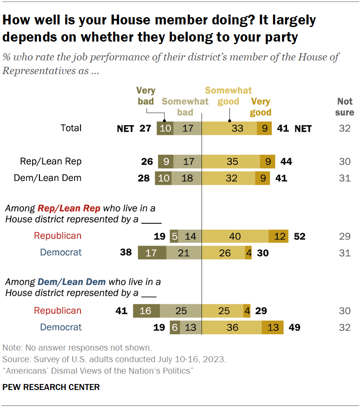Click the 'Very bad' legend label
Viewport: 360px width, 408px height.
pos(146,96)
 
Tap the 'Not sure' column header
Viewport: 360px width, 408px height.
pos(345,107)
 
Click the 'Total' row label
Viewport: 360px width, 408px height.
pos(71,128)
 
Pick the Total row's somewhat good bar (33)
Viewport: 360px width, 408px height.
pos(229,128)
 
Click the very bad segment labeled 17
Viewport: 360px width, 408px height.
pos(152,253)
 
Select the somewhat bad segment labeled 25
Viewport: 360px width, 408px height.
pos(180,311)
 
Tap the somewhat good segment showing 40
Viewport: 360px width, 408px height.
pos(235,236)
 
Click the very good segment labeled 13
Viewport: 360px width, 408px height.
pos(273,327)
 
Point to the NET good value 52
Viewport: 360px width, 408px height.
pos(300,236)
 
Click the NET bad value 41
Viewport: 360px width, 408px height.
pos(122,311)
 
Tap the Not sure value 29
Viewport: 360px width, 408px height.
pos(345,236)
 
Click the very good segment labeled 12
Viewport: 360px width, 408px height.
pos(279,236)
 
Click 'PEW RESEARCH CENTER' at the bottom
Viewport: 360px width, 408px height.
pos(51,387)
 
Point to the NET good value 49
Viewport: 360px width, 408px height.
pos(294,327)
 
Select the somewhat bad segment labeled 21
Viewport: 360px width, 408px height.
pos(183,253)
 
